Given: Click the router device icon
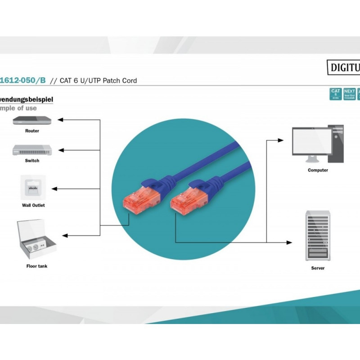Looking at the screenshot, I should point(32,120).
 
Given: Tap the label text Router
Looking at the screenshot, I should point(32,131).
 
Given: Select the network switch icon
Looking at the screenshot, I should point(32,150).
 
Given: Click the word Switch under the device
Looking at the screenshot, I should point(32,161).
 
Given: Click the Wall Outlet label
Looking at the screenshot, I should point(33,205).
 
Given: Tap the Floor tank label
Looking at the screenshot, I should point(36,266).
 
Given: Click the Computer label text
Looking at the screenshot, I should point(318,170).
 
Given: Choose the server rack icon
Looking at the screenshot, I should point(318,235).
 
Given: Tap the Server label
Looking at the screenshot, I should point(318,268).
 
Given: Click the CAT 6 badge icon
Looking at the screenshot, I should point(336,94).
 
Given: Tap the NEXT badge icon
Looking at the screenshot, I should point(350,94).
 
